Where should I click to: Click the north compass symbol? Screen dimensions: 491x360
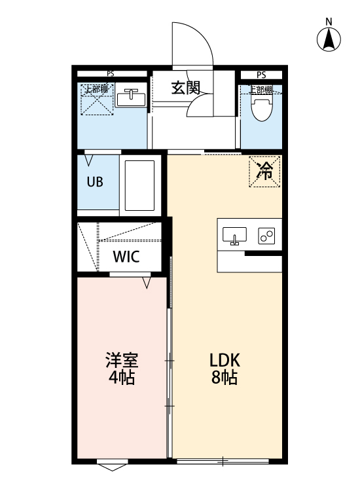pyautogui.click(x=329, y=40)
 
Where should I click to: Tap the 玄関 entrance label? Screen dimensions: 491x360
pyautogui.click(x=186, y=88)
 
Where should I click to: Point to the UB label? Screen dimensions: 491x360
pyautogui.click(x=95, y=182)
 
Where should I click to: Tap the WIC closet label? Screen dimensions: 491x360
pyautogui.click(x=126, y=256)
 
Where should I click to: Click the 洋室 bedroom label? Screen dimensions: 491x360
pyautogui.click(x=122, y=360)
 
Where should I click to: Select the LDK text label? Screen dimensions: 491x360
pyautogui.click(x=225, y=360)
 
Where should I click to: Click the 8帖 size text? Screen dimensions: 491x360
pyautogui.click(x=224, y=378)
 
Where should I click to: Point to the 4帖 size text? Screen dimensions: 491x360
pyautogui.click(x=122, y=378)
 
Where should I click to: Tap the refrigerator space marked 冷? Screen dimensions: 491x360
pyautogui.click(x=265, y=172)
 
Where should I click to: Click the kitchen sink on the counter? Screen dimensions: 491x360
pyautogui.click(x=234, y=235)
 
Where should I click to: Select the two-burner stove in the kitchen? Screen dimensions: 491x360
pyautogui.click(x=267, y=236)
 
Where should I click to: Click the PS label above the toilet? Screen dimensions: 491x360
pyautogui.click(x=261, y=75)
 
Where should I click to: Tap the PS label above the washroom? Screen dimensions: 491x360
pyautogui.click(x=110, y=74)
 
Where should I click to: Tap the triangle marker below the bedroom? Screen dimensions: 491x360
pyautogui.click(x=112, y=467)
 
